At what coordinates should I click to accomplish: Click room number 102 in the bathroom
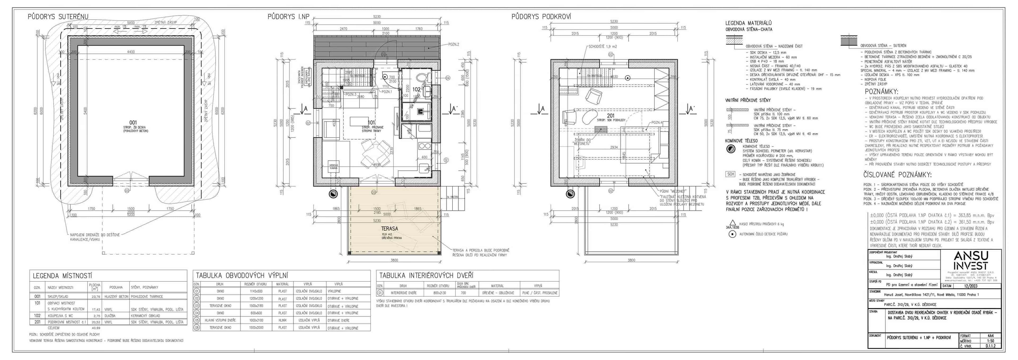click(417, 90)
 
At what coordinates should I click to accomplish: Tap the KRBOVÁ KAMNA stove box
click(334, 167)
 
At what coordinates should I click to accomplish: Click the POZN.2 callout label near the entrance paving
click(454, 45)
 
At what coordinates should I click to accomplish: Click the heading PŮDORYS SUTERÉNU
click(58, 17)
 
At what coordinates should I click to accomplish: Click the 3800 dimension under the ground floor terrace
click(394, 260)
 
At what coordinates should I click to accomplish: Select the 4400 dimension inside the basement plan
click(131, 52)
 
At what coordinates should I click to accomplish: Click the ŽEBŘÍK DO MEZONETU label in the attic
click(582, 142)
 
